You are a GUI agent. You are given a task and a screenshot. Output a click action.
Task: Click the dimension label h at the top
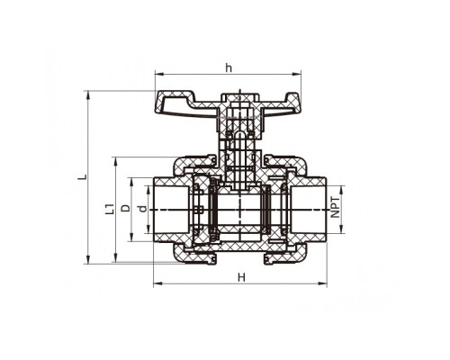[x=229, y=68]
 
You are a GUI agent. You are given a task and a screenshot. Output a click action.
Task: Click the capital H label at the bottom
[x=241, y=277]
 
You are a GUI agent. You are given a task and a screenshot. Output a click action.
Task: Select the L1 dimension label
[x=110, y=209]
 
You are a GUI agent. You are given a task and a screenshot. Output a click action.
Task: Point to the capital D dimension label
[x=126, y=208]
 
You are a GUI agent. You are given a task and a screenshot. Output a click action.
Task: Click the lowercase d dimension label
[x=143, y=209]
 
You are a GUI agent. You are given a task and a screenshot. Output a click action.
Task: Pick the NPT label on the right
[x=336, y=207]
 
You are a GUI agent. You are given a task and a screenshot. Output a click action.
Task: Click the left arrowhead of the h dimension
[x=158, y=74]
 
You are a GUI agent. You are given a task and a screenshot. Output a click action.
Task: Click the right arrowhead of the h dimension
[x=297, y=74]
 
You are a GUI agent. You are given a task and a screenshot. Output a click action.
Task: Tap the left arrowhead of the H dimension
[x=157, y=283]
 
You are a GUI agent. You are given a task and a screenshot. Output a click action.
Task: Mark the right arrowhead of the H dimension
[x=323, y=283]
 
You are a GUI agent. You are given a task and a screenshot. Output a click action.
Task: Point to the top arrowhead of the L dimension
[x=88, y=94]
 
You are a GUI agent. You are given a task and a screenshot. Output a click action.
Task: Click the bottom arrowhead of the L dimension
[x=88, y=260]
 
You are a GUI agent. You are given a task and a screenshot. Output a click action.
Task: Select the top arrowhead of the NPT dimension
[x=341, y=190]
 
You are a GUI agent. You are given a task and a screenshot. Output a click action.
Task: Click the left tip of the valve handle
[x=156, y=108]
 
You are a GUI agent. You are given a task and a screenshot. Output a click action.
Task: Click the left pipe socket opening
[x=172, y=210]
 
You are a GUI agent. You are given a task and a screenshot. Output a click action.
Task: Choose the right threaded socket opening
[x=308, y=210]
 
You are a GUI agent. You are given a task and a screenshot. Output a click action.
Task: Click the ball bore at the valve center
[x=240, y=210]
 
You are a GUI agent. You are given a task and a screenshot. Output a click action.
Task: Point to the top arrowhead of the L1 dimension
[x=116, y=161]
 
